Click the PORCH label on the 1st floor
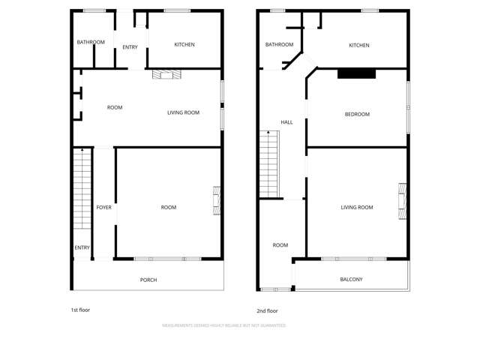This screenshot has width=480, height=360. tap(148, 280)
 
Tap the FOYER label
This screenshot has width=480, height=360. tap(103, 208)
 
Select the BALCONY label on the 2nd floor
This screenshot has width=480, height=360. tap(351, 280)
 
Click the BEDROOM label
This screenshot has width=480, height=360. tap(357, 115)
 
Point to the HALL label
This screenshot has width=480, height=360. tap(286, 122)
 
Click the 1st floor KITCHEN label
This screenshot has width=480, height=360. tap(184, 45)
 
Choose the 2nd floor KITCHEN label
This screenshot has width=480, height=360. tap(359, 46)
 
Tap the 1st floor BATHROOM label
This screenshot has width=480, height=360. tap(91, 43)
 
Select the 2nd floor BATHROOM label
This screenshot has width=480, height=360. tap(279, 45)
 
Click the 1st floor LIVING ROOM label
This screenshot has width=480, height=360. tap(183, 113)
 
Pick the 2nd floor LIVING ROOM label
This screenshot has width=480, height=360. tap(356, 208)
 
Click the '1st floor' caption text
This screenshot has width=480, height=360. tap(80, 309)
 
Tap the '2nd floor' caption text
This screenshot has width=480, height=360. tap(267, 310)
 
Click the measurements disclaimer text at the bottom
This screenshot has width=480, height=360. tap(223, 325)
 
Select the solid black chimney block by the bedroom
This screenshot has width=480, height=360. tap(356, 73)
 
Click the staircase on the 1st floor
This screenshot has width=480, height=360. tap(82, 189)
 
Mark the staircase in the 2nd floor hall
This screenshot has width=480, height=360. tap(268, 163)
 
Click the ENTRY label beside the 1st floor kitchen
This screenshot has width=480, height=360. tap(130, 48)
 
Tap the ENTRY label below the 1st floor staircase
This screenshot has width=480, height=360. tap(82, 248)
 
